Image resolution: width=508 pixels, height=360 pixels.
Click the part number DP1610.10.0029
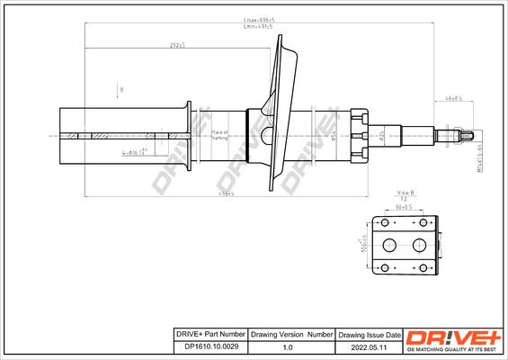coord(210,345)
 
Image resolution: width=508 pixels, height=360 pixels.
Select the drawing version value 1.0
coord(287,345)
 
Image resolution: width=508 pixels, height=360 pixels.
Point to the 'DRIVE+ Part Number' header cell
coord(210,333)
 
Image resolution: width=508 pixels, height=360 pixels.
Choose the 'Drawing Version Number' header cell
coord(287,333)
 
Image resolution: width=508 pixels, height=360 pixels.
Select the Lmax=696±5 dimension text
coord(260,20)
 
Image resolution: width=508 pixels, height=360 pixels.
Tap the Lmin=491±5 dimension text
coord(260,28)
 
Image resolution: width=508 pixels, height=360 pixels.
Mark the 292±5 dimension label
coord(176,45)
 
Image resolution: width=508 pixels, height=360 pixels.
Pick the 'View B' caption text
coord(405,193)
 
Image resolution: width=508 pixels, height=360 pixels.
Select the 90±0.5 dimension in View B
coord(403,206)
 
